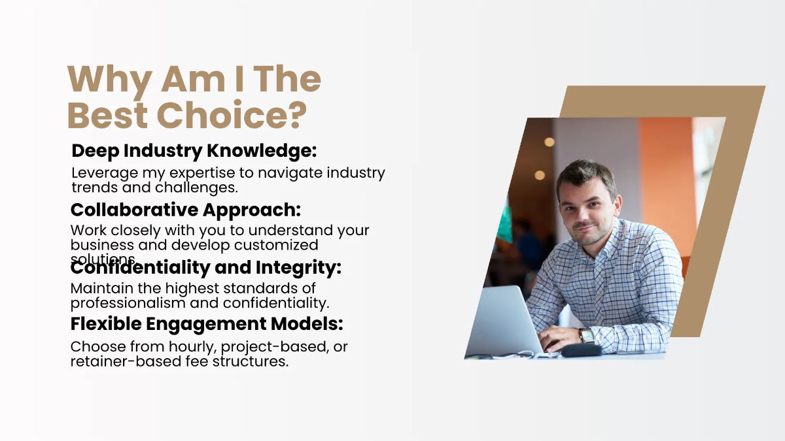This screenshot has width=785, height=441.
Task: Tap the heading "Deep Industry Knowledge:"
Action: point(194,151)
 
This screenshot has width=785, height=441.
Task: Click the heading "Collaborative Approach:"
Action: point(186,210)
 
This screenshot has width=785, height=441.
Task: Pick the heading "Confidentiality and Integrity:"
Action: point(206,268)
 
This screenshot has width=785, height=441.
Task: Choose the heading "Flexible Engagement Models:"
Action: point(207,323)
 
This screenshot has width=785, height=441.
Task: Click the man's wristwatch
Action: point(586,336)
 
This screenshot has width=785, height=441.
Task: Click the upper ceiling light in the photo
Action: point(549,142)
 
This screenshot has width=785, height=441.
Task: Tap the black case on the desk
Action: point(582,351)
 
